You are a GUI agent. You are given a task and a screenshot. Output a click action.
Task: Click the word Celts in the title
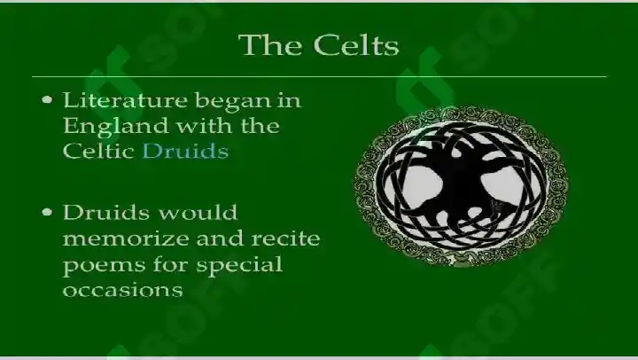coord(356,44)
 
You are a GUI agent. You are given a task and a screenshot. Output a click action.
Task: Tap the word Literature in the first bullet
coord(125,100)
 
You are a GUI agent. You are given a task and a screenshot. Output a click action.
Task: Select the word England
coord(115,126)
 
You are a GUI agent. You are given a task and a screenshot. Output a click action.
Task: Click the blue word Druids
coord(185,151)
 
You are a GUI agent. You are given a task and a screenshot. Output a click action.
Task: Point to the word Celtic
coord(99,151)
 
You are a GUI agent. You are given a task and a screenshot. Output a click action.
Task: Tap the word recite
coord(285,239)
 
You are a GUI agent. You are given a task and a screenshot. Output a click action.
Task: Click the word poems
coord(105,266)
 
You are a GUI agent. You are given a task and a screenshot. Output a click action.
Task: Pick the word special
coord(239,265)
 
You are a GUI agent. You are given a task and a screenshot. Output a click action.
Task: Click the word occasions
coord(123,291)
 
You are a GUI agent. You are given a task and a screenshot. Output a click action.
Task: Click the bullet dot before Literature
coord(47,100)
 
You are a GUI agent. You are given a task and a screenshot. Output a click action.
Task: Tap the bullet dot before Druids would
coord(47,212)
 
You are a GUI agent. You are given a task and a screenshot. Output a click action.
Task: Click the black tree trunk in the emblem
coord(461,184)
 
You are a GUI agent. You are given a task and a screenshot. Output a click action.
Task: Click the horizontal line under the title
coord(319,76)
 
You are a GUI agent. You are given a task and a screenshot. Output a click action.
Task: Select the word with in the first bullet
coord(205,126)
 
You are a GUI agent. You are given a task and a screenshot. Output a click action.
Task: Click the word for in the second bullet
coord(171,265)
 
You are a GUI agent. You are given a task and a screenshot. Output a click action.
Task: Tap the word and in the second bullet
coord(220,239)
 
